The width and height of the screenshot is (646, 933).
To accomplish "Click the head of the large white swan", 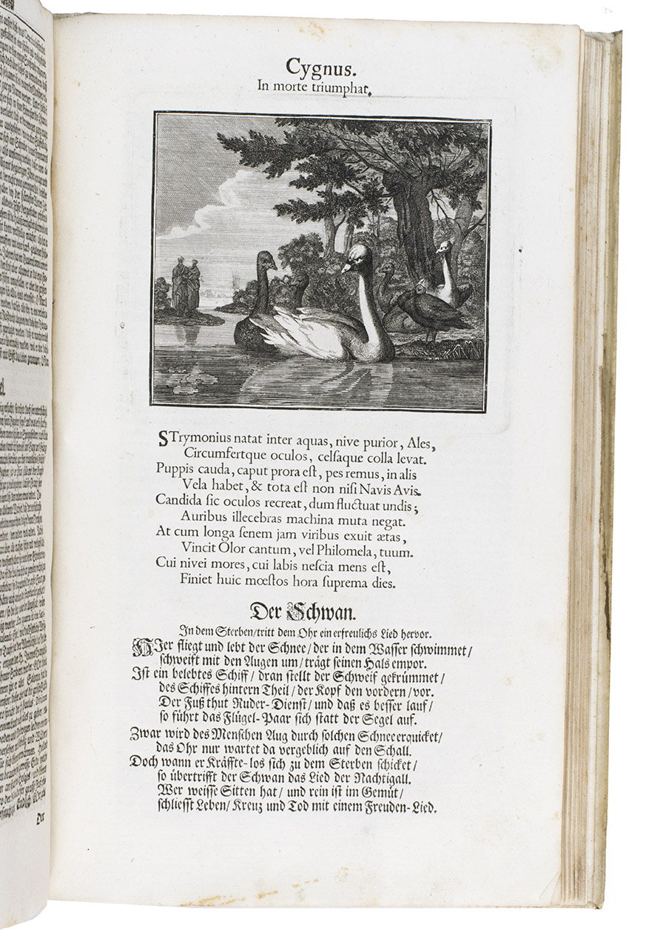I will pyautogui.click(x=357, y=257).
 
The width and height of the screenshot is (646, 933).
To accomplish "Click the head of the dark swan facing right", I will pyautogui.click(x=265, y=261).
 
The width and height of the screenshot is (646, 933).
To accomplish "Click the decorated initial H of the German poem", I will pyautogui.click(x=141, y=650).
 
